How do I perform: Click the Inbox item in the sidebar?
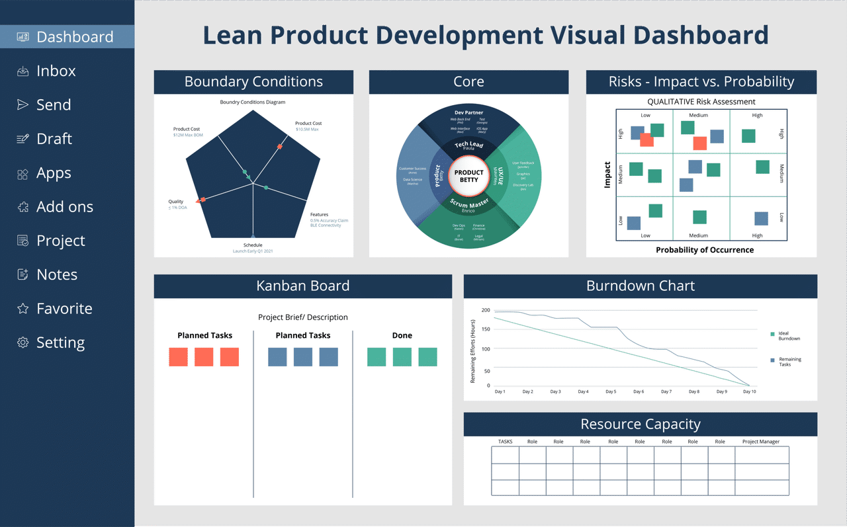pos(56,71)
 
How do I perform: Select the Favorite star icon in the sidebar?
pos(23,309)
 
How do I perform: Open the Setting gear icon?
pos(23,343)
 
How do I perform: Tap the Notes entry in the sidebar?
pos(56,274)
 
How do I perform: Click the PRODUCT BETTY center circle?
pos(468,176)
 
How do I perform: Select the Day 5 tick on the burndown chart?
pos(611,391)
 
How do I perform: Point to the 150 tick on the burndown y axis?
pos(486,329)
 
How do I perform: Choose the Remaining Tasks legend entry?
pos(789,362)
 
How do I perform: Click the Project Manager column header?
pos(760,442)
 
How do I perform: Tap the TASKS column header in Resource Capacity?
pos(505,442)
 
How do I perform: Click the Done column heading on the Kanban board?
pos(402,335)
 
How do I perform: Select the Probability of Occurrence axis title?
pos(704,250)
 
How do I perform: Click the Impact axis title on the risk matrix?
pos(607,175)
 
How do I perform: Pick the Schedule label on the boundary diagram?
pos(253,245)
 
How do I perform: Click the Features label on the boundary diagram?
pos(319,215)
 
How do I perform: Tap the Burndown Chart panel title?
pos(640,286)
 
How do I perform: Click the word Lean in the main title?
pos(232,35)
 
